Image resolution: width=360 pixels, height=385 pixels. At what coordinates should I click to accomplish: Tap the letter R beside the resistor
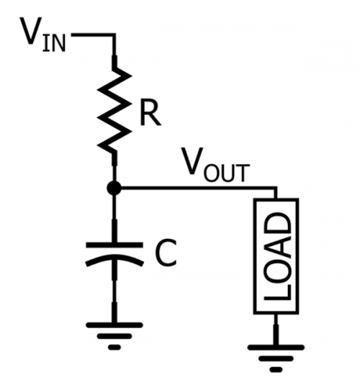pos(149,114)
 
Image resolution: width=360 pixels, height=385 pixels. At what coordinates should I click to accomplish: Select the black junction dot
pos(114,189)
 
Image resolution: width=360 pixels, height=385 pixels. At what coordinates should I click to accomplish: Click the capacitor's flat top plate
pos(114,245)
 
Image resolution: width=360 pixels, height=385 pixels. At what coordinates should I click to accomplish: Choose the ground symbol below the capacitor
pos(114,334)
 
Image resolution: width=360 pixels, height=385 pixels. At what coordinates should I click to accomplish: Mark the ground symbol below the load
pos(276,356)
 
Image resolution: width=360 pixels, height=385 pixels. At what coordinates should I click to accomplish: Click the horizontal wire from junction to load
pos(194,189)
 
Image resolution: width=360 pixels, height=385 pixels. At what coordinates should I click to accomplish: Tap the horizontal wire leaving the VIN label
pos(94,34)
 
